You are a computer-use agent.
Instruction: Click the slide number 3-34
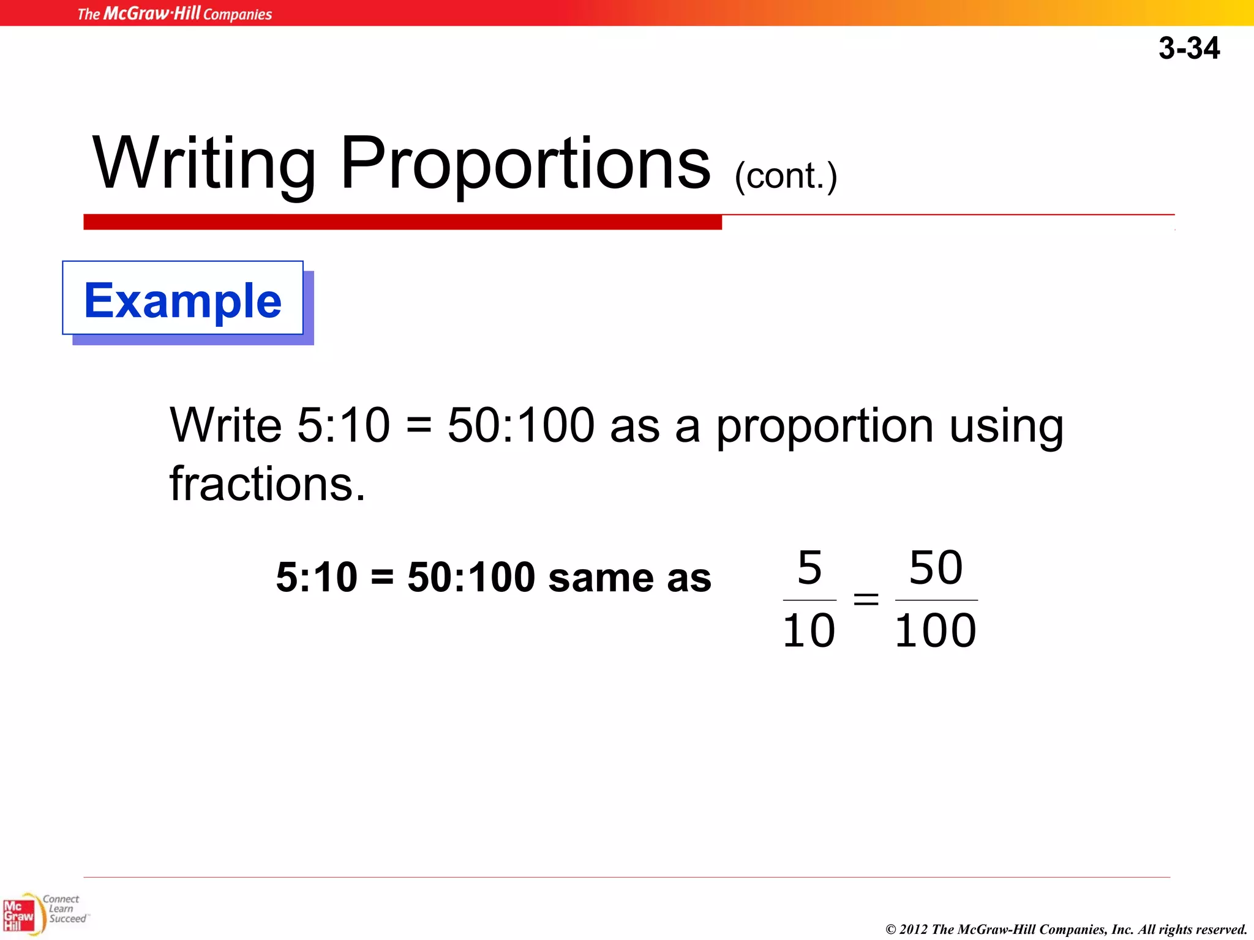click(1188, 48)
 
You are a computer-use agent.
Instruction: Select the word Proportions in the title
click(525, 164)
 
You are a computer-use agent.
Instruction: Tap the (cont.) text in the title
click(786, 176)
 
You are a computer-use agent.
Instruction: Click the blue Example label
click(182, 300)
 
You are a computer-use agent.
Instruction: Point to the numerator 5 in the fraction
click(809, 567)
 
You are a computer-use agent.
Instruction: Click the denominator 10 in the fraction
click(809, 631)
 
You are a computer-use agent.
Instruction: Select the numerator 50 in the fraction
click(936, 567)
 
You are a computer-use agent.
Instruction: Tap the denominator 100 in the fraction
click(935, 631)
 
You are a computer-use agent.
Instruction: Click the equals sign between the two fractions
click(866, 599)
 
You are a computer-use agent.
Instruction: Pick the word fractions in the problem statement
click(267, 483)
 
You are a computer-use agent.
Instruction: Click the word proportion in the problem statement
click(825, 427)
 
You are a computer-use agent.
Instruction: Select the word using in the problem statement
click(1006, 427)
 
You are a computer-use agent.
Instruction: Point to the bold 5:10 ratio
click(317, 577)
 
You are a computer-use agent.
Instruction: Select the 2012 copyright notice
click(1066, 929)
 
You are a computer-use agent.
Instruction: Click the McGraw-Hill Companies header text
click(175, 13)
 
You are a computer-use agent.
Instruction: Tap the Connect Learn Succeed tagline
click(64, 909)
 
